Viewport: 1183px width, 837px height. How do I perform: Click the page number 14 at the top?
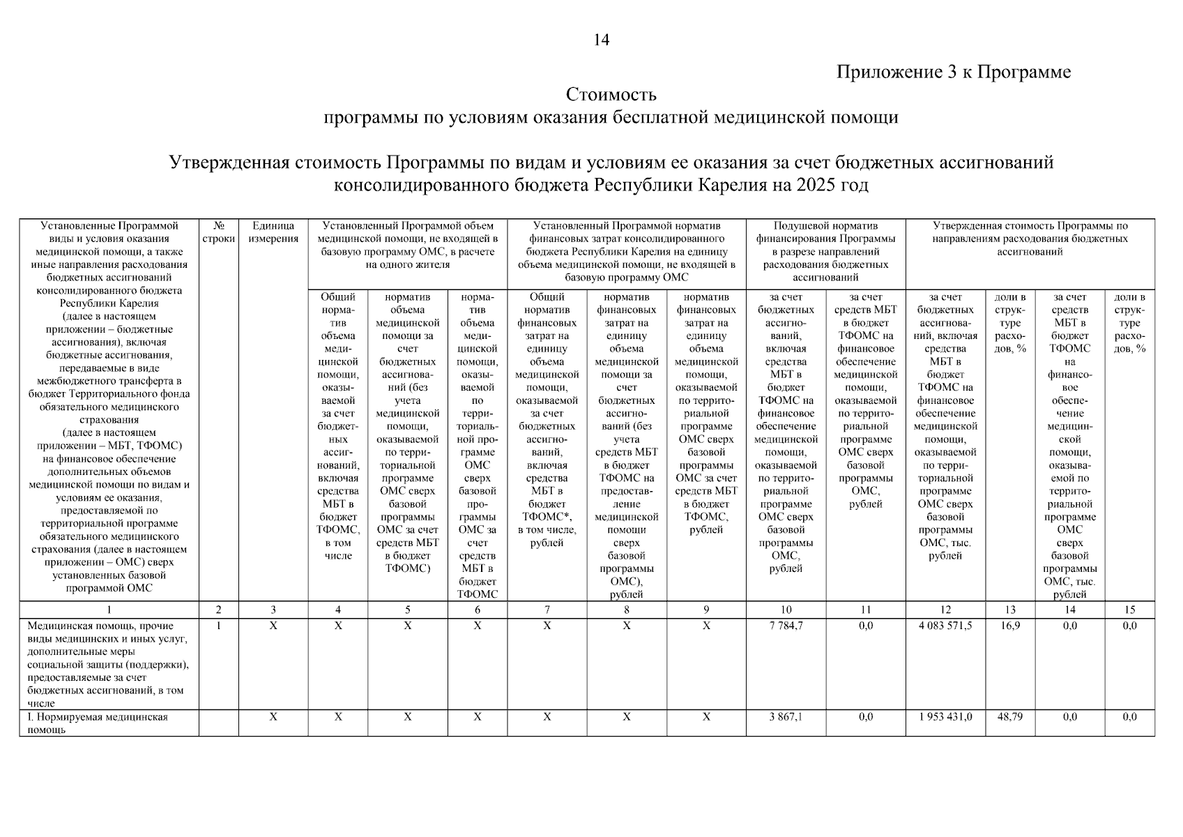tap(601, 40)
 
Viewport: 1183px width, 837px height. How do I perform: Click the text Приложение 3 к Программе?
tap(953, 72)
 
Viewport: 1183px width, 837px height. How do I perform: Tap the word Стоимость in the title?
tap(611, 94)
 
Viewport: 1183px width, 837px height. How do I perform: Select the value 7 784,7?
tap(786, 626)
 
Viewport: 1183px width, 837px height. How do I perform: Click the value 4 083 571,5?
tap(945, 626)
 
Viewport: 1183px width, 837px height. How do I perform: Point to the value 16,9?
tap(1009, 626)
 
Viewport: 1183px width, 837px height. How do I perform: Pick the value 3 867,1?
tap(786, 717)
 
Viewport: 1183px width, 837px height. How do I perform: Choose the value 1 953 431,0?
tap(945, 717)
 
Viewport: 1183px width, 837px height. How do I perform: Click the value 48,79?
tap(1009, 717)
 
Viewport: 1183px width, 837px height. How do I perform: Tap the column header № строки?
tap(219, 232)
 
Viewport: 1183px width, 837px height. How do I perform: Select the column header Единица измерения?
tap(273, 232)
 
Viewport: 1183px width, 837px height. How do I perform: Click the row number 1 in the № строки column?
tap(219, 626)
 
